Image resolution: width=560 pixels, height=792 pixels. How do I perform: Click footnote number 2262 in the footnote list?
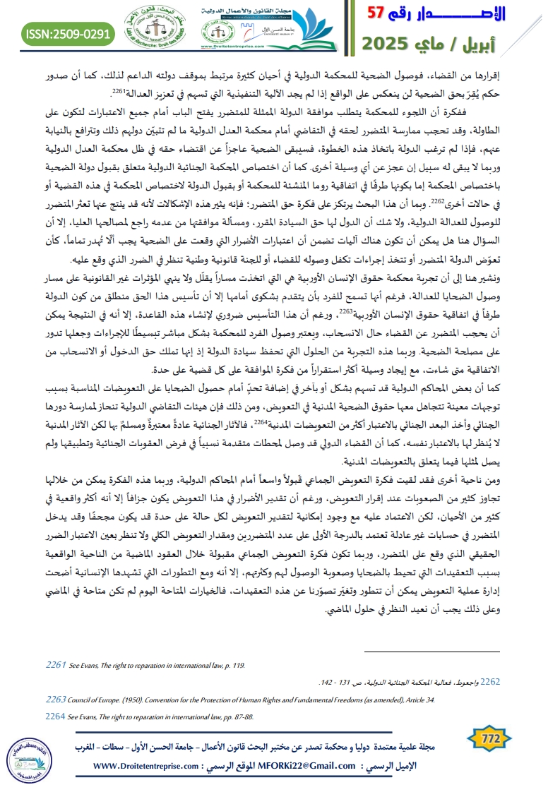click(x=491, y=682)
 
